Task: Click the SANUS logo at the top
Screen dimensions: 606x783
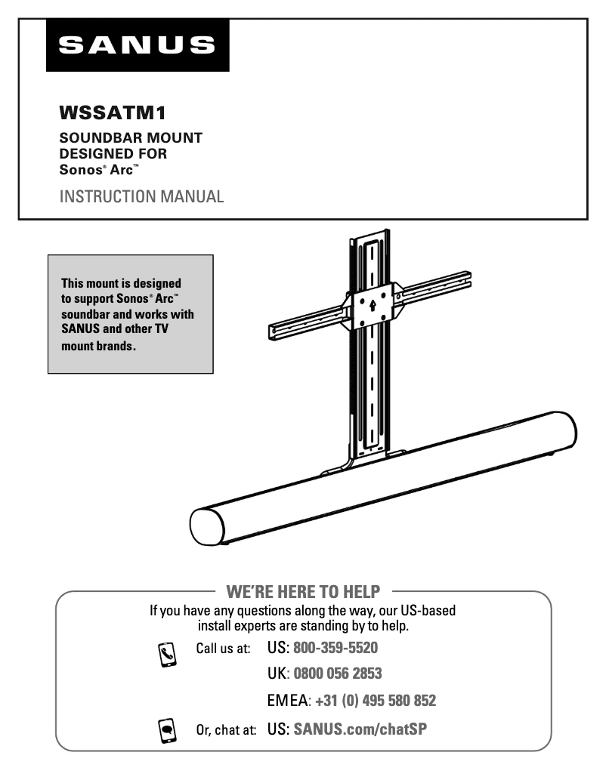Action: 137,45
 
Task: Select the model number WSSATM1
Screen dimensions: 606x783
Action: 112,114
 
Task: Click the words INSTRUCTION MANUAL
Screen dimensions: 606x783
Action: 141,197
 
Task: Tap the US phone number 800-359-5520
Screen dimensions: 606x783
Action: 335,648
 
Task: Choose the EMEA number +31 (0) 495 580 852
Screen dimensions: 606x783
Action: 376,701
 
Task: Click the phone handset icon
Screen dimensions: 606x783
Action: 167,652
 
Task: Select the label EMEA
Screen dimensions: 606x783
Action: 288,701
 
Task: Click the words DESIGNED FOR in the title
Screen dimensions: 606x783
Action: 113,153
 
